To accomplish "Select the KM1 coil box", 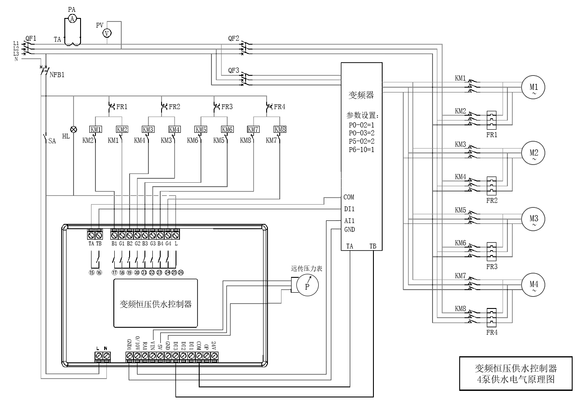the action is coord(95,129).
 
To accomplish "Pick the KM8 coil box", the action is coord(280,129).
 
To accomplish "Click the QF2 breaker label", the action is coord(233,39).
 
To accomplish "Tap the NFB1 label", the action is coord(57,75).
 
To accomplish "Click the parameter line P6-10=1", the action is coord(361,150).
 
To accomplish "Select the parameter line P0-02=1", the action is coord(361,125).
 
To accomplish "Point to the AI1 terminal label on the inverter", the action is coord(349,221).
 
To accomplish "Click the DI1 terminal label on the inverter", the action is coord(349,209).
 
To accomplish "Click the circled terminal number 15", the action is coord(91,273).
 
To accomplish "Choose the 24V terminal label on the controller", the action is coord(214,345).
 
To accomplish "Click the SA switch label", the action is coord(52,141).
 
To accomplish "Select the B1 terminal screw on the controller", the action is coord(114,236).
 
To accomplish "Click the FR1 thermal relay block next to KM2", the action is coord(492,120).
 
